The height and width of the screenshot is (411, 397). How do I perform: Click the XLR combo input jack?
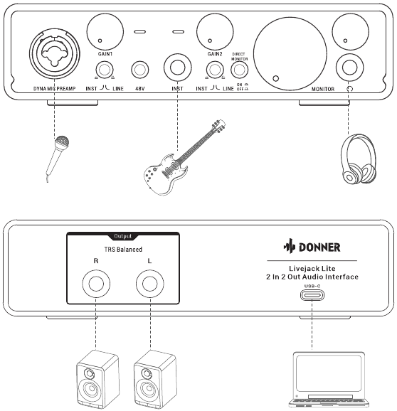point(55,53)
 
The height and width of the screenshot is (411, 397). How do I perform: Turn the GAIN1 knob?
point(105,31)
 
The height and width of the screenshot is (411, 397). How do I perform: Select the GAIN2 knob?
point(215,31)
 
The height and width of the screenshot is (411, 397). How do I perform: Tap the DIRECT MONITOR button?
point(239,70)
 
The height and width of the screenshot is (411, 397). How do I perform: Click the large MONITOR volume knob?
point(290,54)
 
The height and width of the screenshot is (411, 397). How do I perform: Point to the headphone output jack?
point(349,68)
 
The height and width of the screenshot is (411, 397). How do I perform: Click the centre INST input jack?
point(178,68)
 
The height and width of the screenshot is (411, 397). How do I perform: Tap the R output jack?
point(96,284)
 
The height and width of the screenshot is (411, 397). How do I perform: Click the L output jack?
point(150,284)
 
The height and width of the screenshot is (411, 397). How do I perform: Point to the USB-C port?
point(312,295)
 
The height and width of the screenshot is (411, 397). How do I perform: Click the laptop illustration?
point(329,380)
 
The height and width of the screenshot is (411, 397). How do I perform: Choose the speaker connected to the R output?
point(97,380)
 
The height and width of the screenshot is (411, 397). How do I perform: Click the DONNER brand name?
point(319,247)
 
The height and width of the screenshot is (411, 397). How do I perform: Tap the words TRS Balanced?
point(123,250)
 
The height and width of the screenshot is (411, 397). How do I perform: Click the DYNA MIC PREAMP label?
point(55,89)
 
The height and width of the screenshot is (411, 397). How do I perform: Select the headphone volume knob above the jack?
point(350,31)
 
